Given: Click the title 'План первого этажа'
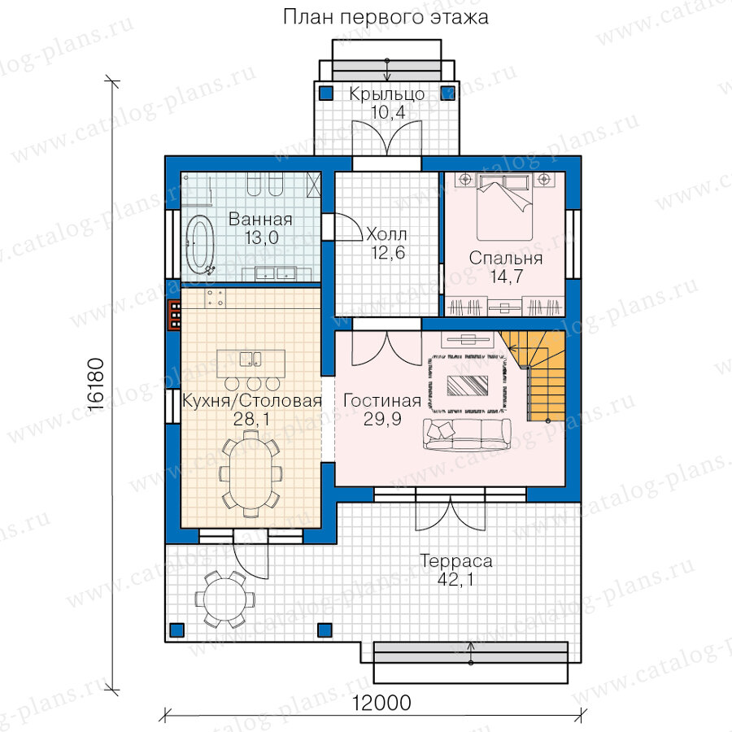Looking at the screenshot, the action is pos(386,18).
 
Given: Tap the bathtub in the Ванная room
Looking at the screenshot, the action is pos(200,245).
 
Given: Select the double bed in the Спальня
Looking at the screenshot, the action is pos(504,207).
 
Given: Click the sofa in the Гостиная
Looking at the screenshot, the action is pos(468,434).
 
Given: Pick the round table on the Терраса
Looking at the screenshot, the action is pos(225,599).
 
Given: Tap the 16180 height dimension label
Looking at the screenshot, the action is pos(96,384).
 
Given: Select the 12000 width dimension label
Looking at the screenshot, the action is pos(381,703).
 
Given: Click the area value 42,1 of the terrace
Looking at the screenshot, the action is pos(455,579).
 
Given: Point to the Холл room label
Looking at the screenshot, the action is pos(386,234).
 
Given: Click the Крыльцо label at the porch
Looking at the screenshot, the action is pos(387,94).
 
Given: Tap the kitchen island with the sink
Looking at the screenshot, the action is pos(251,364).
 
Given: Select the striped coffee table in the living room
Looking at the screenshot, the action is pos(468,386).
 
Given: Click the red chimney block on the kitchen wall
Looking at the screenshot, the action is pos(175,315).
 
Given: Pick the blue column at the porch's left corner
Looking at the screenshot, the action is pos(326,93).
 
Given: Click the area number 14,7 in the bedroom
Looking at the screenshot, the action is pos(507,277).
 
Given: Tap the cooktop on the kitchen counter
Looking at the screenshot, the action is pos(215,298).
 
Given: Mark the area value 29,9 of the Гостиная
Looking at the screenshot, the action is pos(382,419).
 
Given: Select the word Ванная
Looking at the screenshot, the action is pos(260,219).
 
